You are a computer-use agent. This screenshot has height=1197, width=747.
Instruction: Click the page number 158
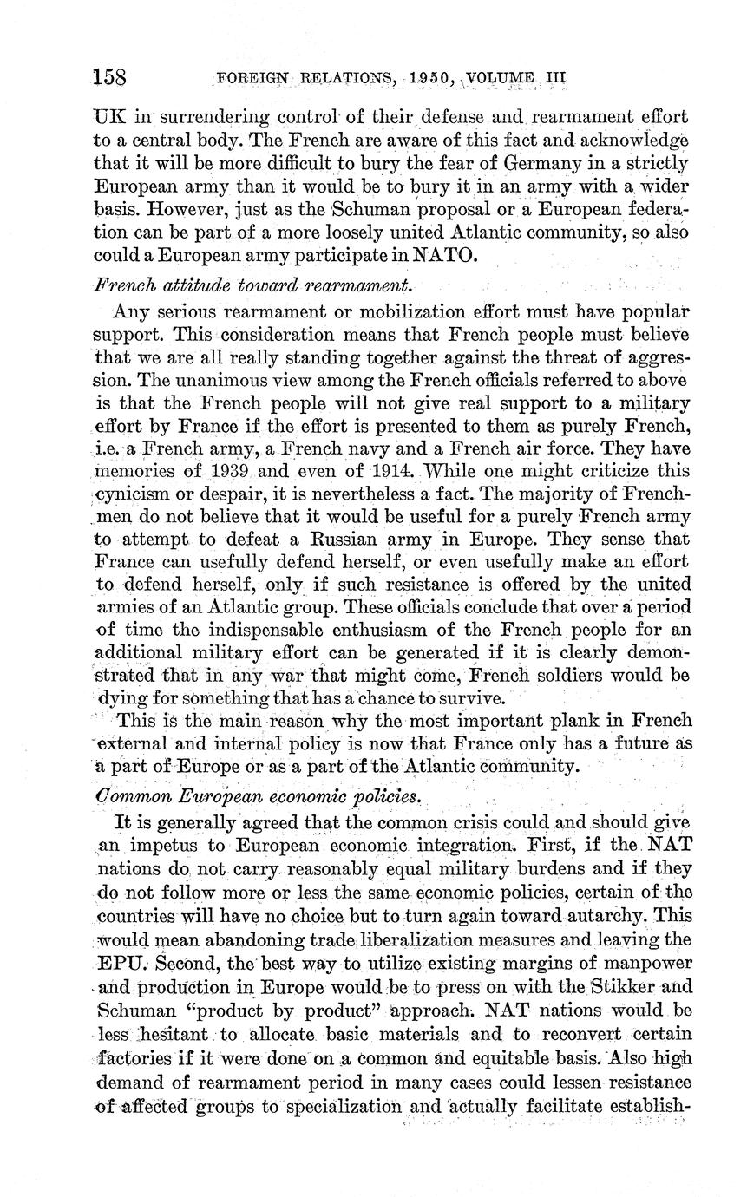click(110, 77)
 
